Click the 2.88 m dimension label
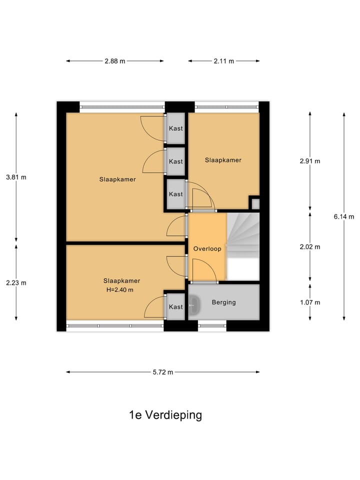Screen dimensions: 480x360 click(114, 61)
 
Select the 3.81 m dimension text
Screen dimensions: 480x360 click(16, 177)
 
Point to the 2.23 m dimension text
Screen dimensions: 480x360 click(16, 282)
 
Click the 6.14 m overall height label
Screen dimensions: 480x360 click(344, 216)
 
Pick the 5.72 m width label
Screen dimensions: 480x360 click(163, 372)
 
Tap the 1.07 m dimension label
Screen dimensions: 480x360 click(310, 302)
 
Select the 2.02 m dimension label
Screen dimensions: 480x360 click(310, 247)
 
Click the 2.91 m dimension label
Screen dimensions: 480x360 click(310, 161)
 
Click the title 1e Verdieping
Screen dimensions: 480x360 click(165, 415)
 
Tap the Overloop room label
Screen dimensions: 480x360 click(207, 248)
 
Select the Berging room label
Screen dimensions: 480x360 click(223, 302)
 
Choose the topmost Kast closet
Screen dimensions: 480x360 click(175, 128)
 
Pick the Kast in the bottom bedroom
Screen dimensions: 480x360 click(175, 306)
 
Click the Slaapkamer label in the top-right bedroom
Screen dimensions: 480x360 click(223, 160)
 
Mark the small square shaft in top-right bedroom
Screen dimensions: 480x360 click(255, 203)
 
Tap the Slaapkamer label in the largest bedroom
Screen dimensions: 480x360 click(117, 179)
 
